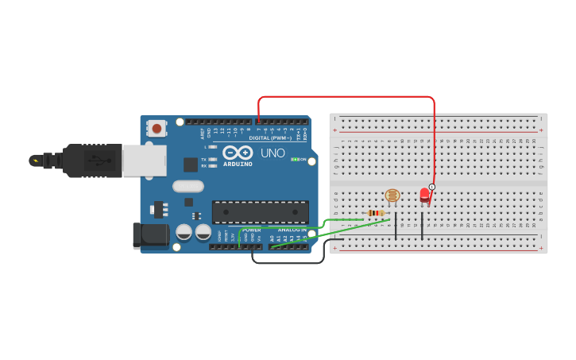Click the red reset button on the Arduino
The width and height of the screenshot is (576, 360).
(157, 128)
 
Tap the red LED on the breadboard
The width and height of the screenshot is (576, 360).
(424, 195)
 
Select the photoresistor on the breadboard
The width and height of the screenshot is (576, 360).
(392, 195)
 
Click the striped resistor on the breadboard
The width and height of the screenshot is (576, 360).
(376, 213)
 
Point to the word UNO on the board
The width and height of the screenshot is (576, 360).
(273, 153)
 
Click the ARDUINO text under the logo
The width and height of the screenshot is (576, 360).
(238, 164)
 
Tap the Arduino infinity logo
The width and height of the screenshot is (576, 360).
(238, 152)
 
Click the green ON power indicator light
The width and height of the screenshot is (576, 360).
(296, 159)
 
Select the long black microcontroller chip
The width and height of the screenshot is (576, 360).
(260, 211)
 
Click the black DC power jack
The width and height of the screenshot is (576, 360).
(151, 234)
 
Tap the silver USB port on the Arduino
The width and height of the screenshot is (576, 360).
(145, 161)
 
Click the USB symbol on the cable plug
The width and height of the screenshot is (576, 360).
(100, 161)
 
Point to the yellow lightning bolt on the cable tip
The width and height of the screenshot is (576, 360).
(34, 161)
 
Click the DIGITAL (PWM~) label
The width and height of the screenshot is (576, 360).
(270, 137)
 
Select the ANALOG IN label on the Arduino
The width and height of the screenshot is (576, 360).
(292, 230)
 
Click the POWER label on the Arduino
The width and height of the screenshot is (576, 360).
(252, 230)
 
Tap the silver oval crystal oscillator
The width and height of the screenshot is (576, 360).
(188, 187)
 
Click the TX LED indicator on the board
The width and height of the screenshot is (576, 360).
(211, 159)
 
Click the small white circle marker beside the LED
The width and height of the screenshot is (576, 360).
(431, 188)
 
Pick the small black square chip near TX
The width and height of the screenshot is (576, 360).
(191, 165)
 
